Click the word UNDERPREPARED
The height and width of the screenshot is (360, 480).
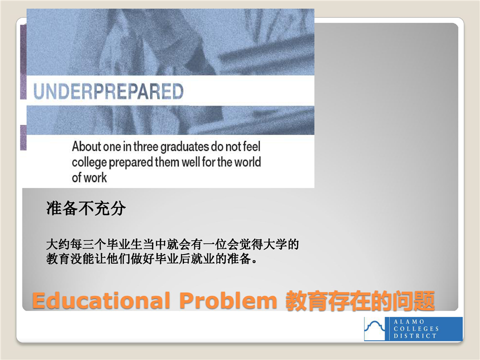pyautogui.click(x=108, y=91)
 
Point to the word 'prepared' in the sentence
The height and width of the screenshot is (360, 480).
pyautogui.click(x=131, y=162)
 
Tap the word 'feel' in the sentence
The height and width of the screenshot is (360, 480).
pyautogui.click(x=251, y=146)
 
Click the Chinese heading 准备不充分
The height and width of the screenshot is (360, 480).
pyautogui.click(x=86, y=208)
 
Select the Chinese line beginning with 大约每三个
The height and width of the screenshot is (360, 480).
pyautogui.click(x=172, y=244)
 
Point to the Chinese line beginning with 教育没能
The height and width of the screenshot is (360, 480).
pyautogui.click(x=152, y=259)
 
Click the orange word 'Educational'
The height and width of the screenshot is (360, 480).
pyautogui.click(x=101, y=300)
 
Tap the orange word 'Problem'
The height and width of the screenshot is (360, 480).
pyautogui.click(x=228, y=300)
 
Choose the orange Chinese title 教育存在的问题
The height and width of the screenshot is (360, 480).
pyautogui.click(x=360, y=301)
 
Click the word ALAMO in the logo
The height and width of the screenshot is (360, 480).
pyautogui.click(x=408, y=321)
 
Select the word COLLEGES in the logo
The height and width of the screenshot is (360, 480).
pyautogui.click(x=416, y=329)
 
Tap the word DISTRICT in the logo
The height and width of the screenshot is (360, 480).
pyautogui.click(x=415, y=336)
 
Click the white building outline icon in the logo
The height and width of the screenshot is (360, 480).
pyautogui.click(x=374, y=328)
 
